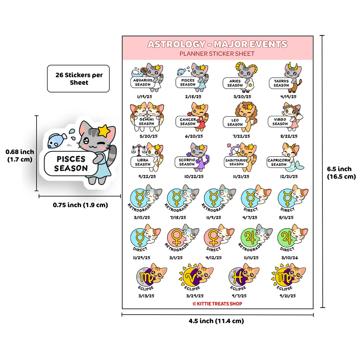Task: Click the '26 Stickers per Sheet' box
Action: point(78,78)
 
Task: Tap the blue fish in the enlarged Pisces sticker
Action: point(57,141)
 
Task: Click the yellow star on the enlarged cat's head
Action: point(104,131)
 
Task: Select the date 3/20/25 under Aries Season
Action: point(242,97)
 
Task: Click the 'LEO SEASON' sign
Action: point(235,122)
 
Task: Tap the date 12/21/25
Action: point(289,176)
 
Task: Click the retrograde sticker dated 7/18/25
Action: point(182,198)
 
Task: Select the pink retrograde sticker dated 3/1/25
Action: point(182,238)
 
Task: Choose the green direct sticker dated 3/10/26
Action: point(292,238)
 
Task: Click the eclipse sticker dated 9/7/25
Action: point(244,277)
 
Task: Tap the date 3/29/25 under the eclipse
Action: point(195,296)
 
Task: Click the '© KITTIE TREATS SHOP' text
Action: point(217,304)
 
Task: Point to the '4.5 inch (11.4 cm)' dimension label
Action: point(216,321)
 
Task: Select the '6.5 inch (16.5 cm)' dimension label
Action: point(341,173)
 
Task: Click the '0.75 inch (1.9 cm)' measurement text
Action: point(81,205)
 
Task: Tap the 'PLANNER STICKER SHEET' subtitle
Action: point(217,54)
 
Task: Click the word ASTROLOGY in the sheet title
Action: point(176,44)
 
